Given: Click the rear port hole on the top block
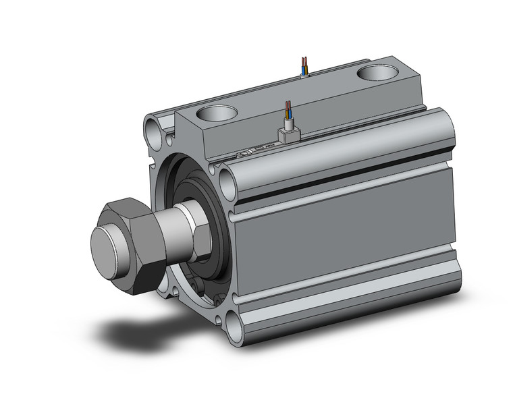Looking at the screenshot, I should [379, 72].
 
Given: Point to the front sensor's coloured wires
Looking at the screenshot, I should [289, 110].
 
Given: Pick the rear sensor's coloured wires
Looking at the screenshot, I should [305, 65].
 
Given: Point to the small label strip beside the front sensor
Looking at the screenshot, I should [252, 150].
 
